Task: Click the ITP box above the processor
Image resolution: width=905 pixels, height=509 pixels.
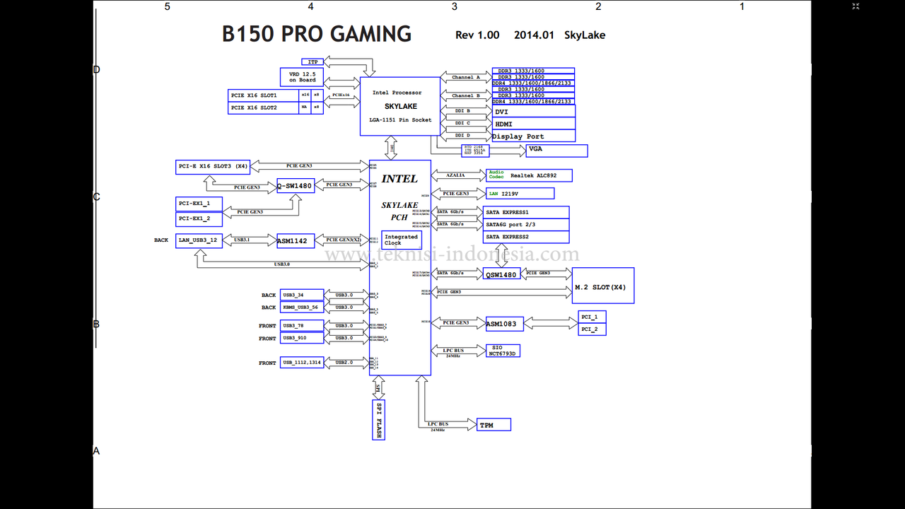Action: click(x=313, y=62)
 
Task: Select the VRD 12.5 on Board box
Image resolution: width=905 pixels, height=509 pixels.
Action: click(x=302, y=77)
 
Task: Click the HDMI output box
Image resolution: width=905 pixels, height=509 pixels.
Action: click(x=533, y=124)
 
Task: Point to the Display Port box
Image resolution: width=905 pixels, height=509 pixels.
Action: click(x=533, y=136)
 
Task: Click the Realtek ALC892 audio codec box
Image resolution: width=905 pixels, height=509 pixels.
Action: click(x=530, y=175)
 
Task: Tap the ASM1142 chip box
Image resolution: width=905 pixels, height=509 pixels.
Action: click(x=292, y=240)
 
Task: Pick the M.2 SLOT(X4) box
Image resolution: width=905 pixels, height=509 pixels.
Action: click(x=602, y=286)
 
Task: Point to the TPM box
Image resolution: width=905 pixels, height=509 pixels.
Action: click(x=494, y=425)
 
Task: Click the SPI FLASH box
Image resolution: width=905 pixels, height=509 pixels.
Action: click(x=378, y=420)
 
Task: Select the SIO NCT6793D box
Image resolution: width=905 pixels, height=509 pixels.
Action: click(x=503, y=351)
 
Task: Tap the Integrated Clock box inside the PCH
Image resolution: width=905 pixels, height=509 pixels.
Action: click(x=402, y=240)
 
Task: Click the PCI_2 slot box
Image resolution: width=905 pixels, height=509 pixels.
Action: click(x=592, y=329)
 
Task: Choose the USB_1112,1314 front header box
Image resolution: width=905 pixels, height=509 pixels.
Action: click(x=302, y=363)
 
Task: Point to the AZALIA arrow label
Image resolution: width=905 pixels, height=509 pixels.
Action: click(x=456, y=175)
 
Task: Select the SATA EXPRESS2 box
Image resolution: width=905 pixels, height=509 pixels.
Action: click(x=527, y=237)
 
